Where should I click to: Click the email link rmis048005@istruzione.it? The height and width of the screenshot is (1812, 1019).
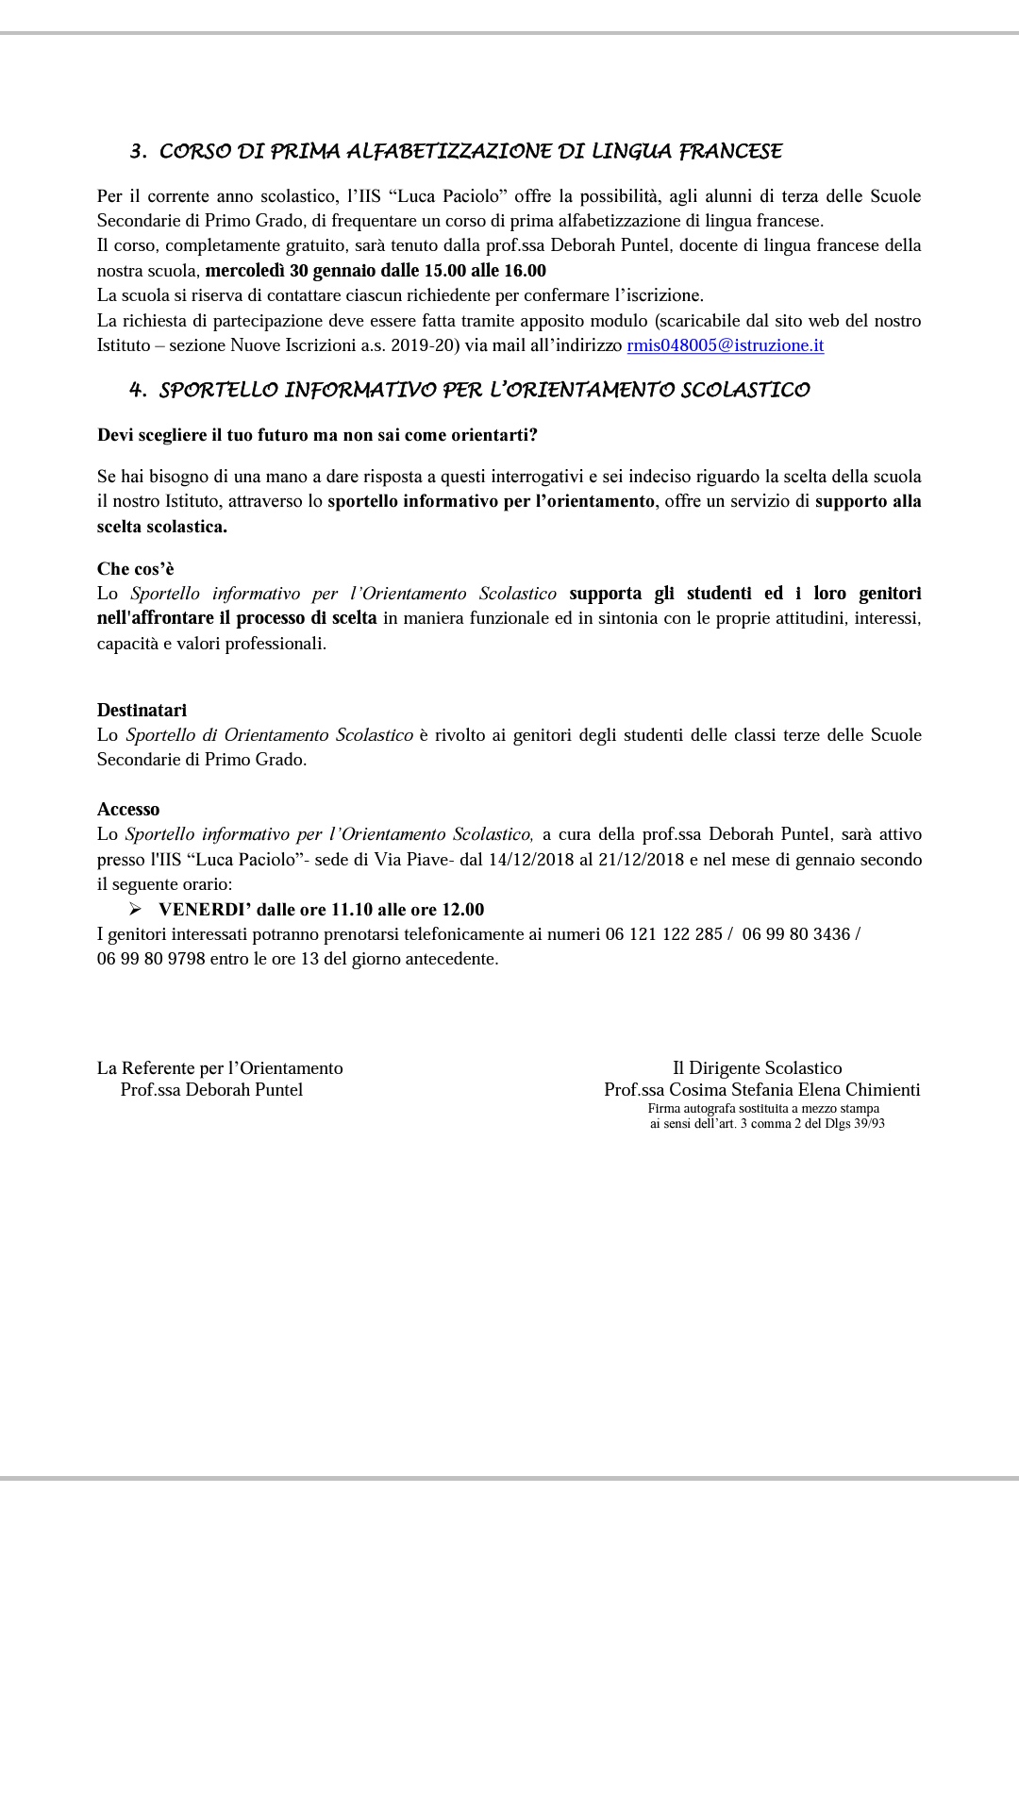click(x=725, y=345)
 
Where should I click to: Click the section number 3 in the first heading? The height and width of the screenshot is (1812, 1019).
click(x=137, y=152)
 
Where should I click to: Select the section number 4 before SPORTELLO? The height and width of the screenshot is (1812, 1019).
click(x=137, y=391)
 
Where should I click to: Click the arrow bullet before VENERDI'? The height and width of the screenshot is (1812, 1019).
click(x=135, y=910)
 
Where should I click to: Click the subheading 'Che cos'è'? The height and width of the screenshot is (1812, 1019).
click(x=136, y=569)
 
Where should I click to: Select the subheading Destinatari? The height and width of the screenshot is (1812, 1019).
click(x=142, y=710)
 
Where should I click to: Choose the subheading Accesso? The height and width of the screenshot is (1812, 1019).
click(x=128, y=809)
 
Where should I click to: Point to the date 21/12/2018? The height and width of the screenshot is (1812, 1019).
click(x=641, y=860)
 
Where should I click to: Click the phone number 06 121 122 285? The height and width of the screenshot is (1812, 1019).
click(x=664, y=934)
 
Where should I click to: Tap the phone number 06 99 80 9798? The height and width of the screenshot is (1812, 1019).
click(x=151, y=959)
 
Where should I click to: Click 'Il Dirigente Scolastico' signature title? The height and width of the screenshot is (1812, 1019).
click(x=757, y=1068)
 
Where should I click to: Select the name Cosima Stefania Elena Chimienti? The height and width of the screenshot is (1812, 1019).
click(x=794, y=1090)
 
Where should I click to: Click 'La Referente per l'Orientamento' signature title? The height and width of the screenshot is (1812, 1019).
click(x=220, y=1068)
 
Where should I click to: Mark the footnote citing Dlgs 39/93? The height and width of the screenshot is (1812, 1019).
click(x=766, y=1124)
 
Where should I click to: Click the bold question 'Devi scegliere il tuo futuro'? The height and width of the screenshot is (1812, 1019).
click(x=317, y=435)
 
